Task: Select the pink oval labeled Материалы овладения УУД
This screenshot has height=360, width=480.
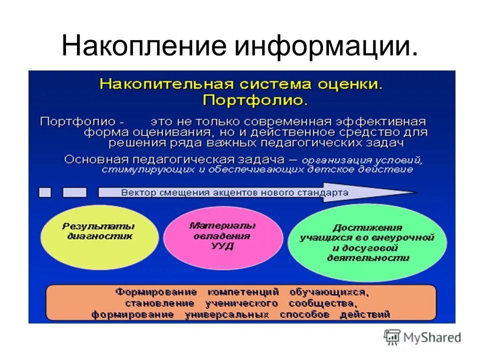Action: (x=222, y=235)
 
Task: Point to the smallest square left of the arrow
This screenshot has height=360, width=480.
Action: (x=45, y=192)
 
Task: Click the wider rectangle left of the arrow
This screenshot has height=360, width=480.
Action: (x=74, y=192)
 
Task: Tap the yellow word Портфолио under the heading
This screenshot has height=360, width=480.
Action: (x=255, y=100)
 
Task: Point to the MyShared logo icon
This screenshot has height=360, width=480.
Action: (x=392, y=337)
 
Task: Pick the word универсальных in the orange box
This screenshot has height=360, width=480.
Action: (x=226, y=315)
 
